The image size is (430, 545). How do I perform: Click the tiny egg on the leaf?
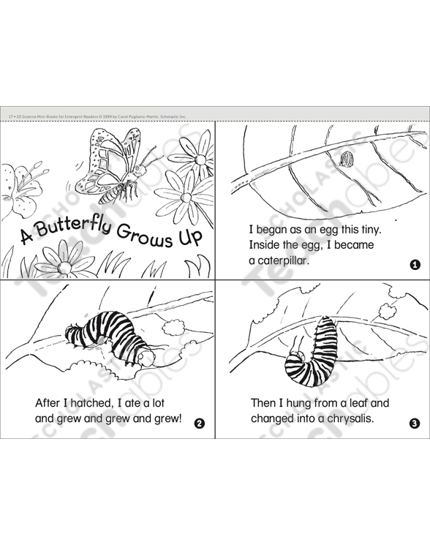point(346,159)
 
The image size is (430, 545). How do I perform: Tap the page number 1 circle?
point(415,265)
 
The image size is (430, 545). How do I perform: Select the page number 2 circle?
point(200,424)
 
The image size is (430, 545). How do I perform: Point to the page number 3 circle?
point(415,424)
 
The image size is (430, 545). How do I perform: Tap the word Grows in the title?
point(145,236)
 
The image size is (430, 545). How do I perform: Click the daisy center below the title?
point(64,266)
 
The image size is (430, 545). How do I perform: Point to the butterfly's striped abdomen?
point(111,195)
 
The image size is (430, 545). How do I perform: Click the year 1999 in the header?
point(107,117)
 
